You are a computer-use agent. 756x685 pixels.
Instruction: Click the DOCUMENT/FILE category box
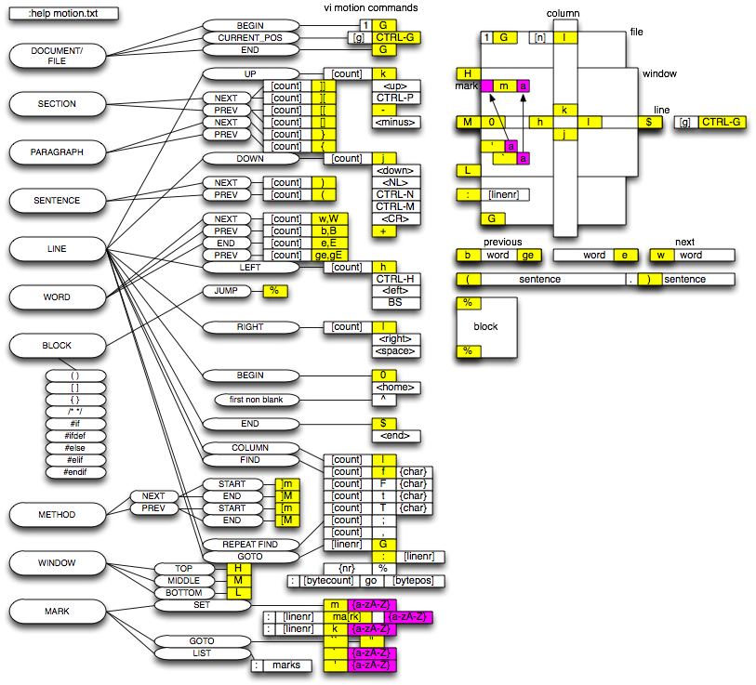click(x=57, y=56)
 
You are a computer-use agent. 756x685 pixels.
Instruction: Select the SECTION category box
click(x=57, y=104)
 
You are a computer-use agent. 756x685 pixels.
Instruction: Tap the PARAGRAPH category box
click(x=57, y=152)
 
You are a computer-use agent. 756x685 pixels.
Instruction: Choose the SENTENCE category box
click(x=57, y=201)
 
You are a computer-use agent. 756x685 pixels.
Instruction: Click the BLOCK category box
click(x=57, y=346)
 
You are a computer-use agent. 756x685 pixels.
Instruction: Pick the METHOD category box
click(x=57, y=515)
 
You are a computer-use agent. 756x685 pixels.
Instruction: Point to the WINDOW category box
click(x=57, y=563)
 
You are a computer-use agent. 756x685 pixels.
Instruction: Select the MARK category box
click(x=57, y=612)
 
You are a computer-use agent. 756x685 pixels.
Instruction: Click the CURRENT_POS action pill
click(x=250, y=38)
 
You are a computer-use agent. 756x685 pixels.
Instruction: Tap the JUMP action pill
click(x=225, y=291)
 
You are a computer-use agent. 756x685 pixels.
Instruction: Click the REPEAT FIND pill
click(x=249, y=545)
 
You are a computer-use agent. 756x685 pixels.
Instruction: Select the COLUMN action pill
click(x=249, y=448)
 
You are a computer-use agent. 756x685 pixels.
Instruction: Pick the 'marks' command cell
click(x=285, y=665)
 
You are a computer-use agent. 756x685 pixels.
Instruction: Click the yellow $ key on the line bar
click(x=649, y=122)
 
